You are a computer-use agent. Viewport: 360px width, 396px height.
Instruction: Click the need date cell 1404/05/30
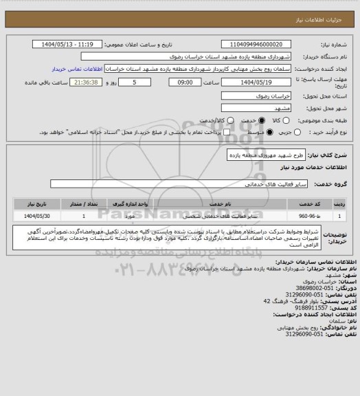click(38, 216)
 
